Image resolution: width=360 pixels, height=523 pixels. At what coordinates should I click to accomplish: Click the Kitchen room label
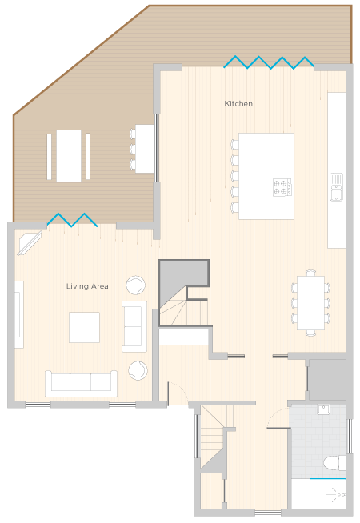238,104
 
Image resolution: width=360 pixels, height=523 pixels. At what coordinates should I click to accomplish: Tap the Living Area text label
87,286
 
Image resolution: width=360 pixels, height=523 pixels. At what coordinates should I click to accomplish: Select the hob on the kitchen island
282,187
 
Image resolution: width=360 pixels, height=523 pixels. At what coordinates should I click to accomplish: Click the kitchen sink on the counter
336,187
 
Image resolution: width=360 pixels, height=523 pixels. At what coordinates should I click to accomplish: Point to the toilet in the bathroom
334,463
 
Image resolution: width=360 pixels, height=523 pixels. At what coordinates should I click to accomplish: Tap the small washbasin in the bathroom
323,409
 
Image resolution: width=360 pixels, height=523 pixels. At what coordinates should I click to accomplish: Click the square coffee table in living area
84,327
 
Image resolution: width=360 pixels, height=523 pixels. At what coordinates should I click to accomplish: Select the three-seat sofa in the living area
81,384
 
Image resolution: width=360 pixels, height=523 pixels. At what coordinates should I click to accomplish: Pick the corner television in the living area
30,242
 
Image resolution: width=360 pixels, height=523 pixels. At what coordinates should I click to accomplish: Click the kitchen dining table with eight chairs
310,303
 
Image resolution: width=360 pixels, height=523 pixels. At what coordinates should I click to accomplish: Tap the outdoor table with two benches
69,156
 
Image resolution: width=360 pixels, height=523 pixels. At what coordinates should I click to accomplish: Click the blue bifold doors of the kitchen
269,62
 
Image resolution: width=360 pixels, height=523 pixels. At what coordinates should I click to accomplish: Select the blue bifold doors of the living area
73,220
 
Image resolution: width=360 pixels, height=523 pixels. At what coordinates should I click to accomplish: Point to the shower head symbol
335,495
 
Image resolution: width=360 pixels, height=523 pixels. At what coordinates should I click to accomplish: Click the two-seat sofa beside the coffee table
134,326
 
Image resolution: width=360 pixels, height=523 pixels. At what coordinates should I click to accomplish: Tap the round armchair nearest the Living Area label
136,285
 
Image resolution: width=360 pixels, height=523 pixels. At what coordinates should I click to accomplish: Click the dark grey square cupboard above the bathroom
327,379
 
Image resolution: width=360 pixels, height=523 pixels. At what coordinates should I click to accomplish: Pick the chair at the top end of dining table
310,273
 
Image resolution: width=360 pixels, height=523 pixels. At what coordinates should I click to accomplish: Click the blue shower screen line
328,479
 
